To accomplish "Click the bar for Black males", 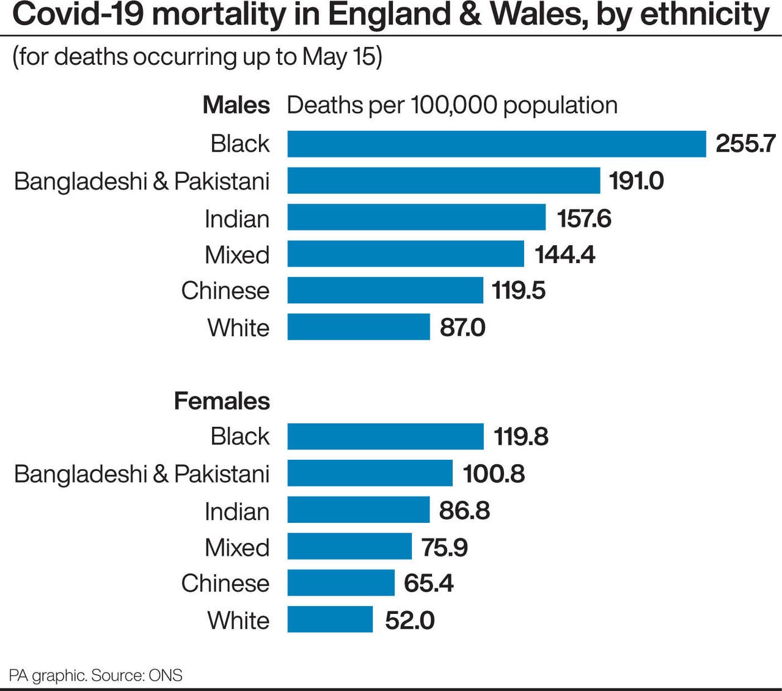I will pyautogui.click(x=496, y=144).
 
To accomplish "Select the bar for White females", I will pyautogui.click(x=330, y=619).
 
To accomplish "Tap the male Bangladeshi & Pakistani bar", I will pyautogui.click(x=444, y=181).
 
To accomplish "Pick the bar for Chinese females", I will pyautogui.click(x=341, y=583).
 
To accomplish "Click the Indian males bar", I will pyautogui.click(x=416, y=218).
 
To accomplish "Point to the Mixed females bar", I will pyautogui.click(x=349, y=547).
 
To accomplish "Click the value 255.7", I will pyautogui.click(x=745, y=144).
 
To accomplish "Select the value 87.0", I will pyautogui.click(x=462, y=328).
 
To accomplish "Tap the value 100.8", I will pyautogui.click(x=493, y=474).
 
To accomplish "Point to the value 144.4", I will pyautogui.click(x=565, y=255).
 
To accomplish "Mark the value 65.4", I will pyautogui.click(x=428, y=583).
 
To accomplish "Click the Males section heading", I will pyautogui.click(x=236, y=105).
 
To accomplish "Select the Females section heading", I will pyautogui.click(x=222, y=401).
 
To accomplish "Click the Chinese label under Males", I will pyautogui.click(x=225, y=291).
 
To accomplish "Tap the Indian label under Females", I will pyautogui.click(x=236, y=511).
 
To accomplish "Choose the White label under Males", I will pyautogui.click(x=238, y=328).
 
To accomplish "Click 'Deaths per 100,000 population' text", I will pyautogui.click(x=452, y=105).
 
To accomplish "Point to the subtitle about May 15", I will pyautogui.click(x=197, y=57).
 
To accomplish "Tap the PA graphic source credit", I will pyautogui.click(x=95, y=675).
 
